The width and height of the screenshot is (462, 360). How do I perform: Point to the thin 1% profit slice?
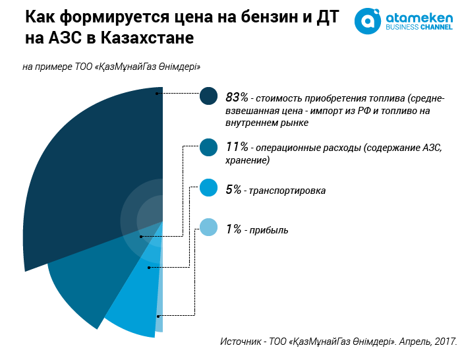[x=159, y=310]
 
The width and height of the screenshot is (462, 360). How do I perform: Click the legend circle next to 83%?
[x=208, y=96]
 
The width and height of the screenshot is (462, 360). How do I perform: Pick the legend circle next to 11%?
[x=208, y=148]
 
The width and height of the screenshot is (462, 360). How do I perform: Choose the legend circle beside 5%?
[x=208, y=189]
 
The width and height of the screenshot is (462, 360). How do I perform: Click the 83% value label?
[x=236, y=98]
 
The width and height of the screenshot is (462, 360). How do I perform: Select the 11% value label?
[x=235, y=148]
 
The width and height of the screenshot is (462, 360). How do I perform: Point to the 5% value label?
[x=233, y=190]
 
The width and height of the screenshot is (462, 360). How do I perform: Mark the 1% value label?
[x=233, y=229]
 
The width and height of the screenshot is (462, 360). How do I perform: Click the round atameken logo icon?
[x=368, y=20]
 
